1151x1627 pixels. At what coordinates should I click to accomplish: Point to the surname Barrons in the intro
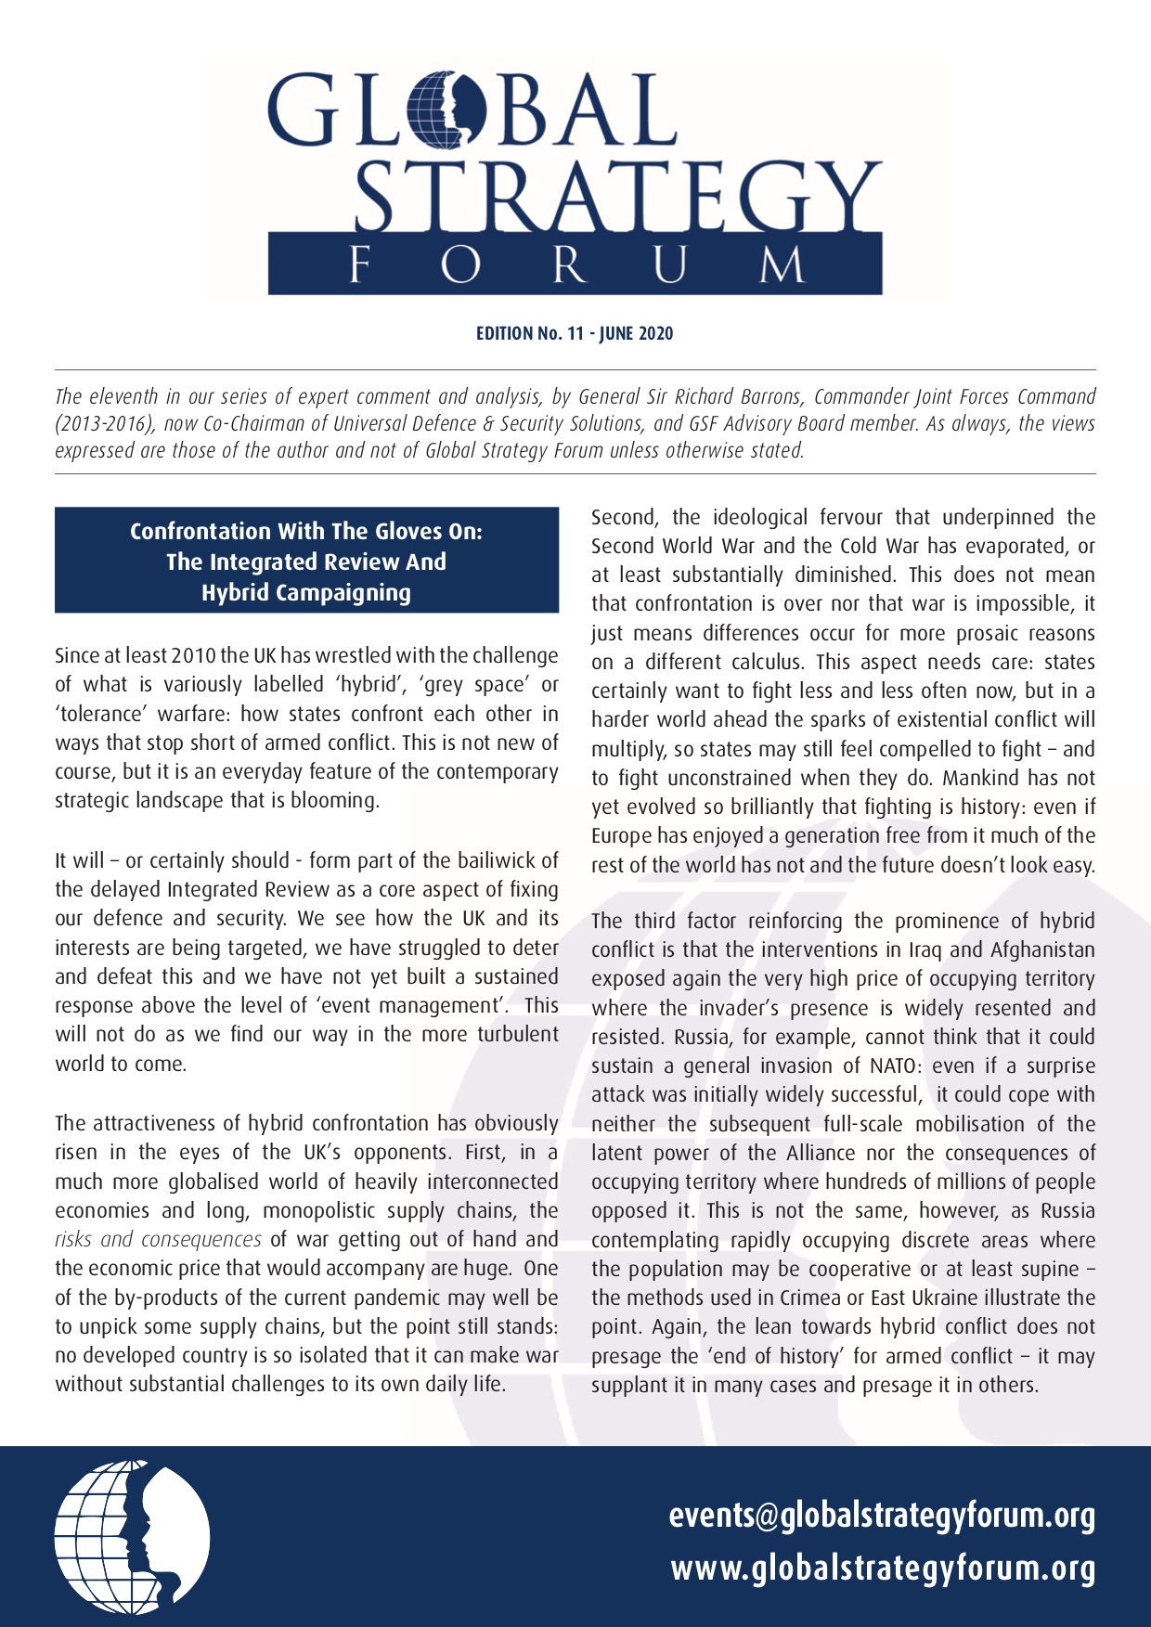click(767, 397)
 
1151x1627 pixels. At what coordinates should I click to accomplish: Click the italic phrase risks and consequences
click(158, 1240)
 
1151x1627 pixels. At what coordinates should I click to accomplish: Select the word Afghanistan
click(1042, 950)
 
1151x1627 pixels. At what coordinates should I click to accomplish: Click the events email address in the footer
click(882, 1516)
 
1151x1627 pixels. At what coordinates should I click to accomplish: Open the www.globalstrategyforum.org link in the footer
click(883, 1569)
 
